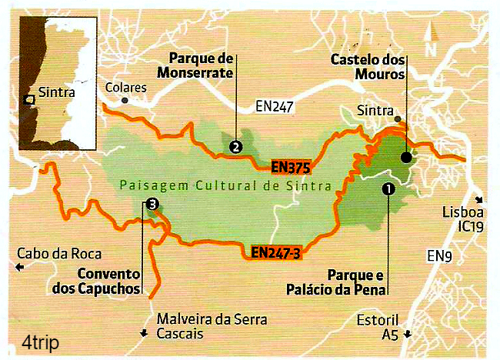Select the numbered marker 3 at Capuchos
coord(152,204)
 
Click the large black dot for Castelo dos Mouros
coord(405,158)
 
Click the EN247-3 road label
coord(275,251)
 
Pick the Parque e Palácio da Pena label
coord(355,281)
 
